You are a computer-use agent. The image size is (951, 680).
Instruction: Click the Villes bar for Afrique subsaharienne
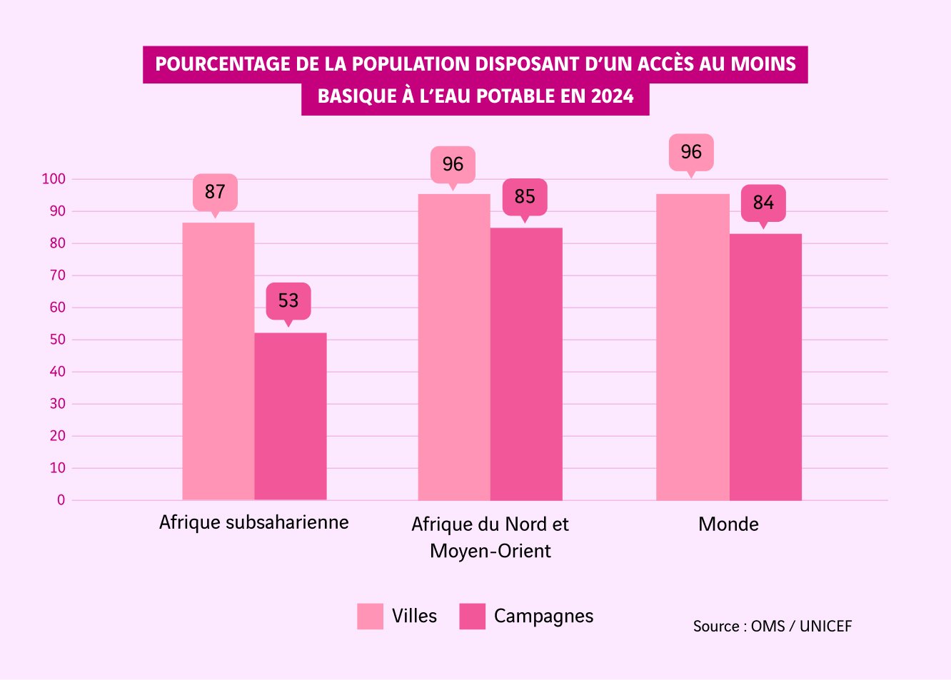point(218,361)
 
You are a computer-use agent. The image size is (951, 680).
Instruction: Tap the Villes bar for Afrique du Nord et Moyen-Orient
point(454,347)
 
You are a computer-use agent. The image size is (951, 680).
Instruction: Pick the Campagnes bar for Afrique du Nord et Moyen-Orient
point(526,364)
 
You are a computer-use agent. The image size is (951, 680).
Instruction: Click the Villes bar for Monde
point(693,347)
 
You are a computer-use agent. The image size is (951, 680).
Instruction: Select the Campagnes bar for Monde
point(765,367)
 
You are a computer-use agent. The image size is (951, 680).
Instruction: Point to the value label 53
point(288,300)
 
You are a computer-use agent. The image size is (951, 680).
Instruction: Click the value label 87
point(215,192)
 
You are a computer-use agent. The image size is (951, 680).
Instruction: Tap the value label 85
point(525,197)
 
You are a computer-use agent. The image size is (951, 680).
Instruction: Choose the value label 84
point(763,203)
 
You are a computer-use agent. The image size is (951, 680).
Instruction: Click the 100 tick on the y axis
point(54,179)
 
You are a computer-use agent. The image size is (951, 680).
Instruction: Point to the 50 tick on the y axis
point(57,340)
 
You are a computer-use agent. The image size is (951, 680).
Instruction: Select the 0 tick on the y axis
point(61,500)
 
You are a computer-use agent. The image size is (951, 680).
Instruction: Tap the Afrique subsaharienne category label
point(254,522)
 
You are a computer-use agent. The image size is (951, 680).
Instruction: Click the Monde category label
point(728,524)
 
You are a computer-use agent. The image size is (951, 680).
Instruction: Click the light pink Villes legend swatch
point(370,616)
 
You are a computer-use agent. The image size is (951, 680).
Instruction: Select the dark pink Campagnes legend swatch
point(472,616)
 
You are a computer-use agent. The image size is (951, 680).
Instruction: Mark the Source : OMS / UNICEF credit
point(773,626)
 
